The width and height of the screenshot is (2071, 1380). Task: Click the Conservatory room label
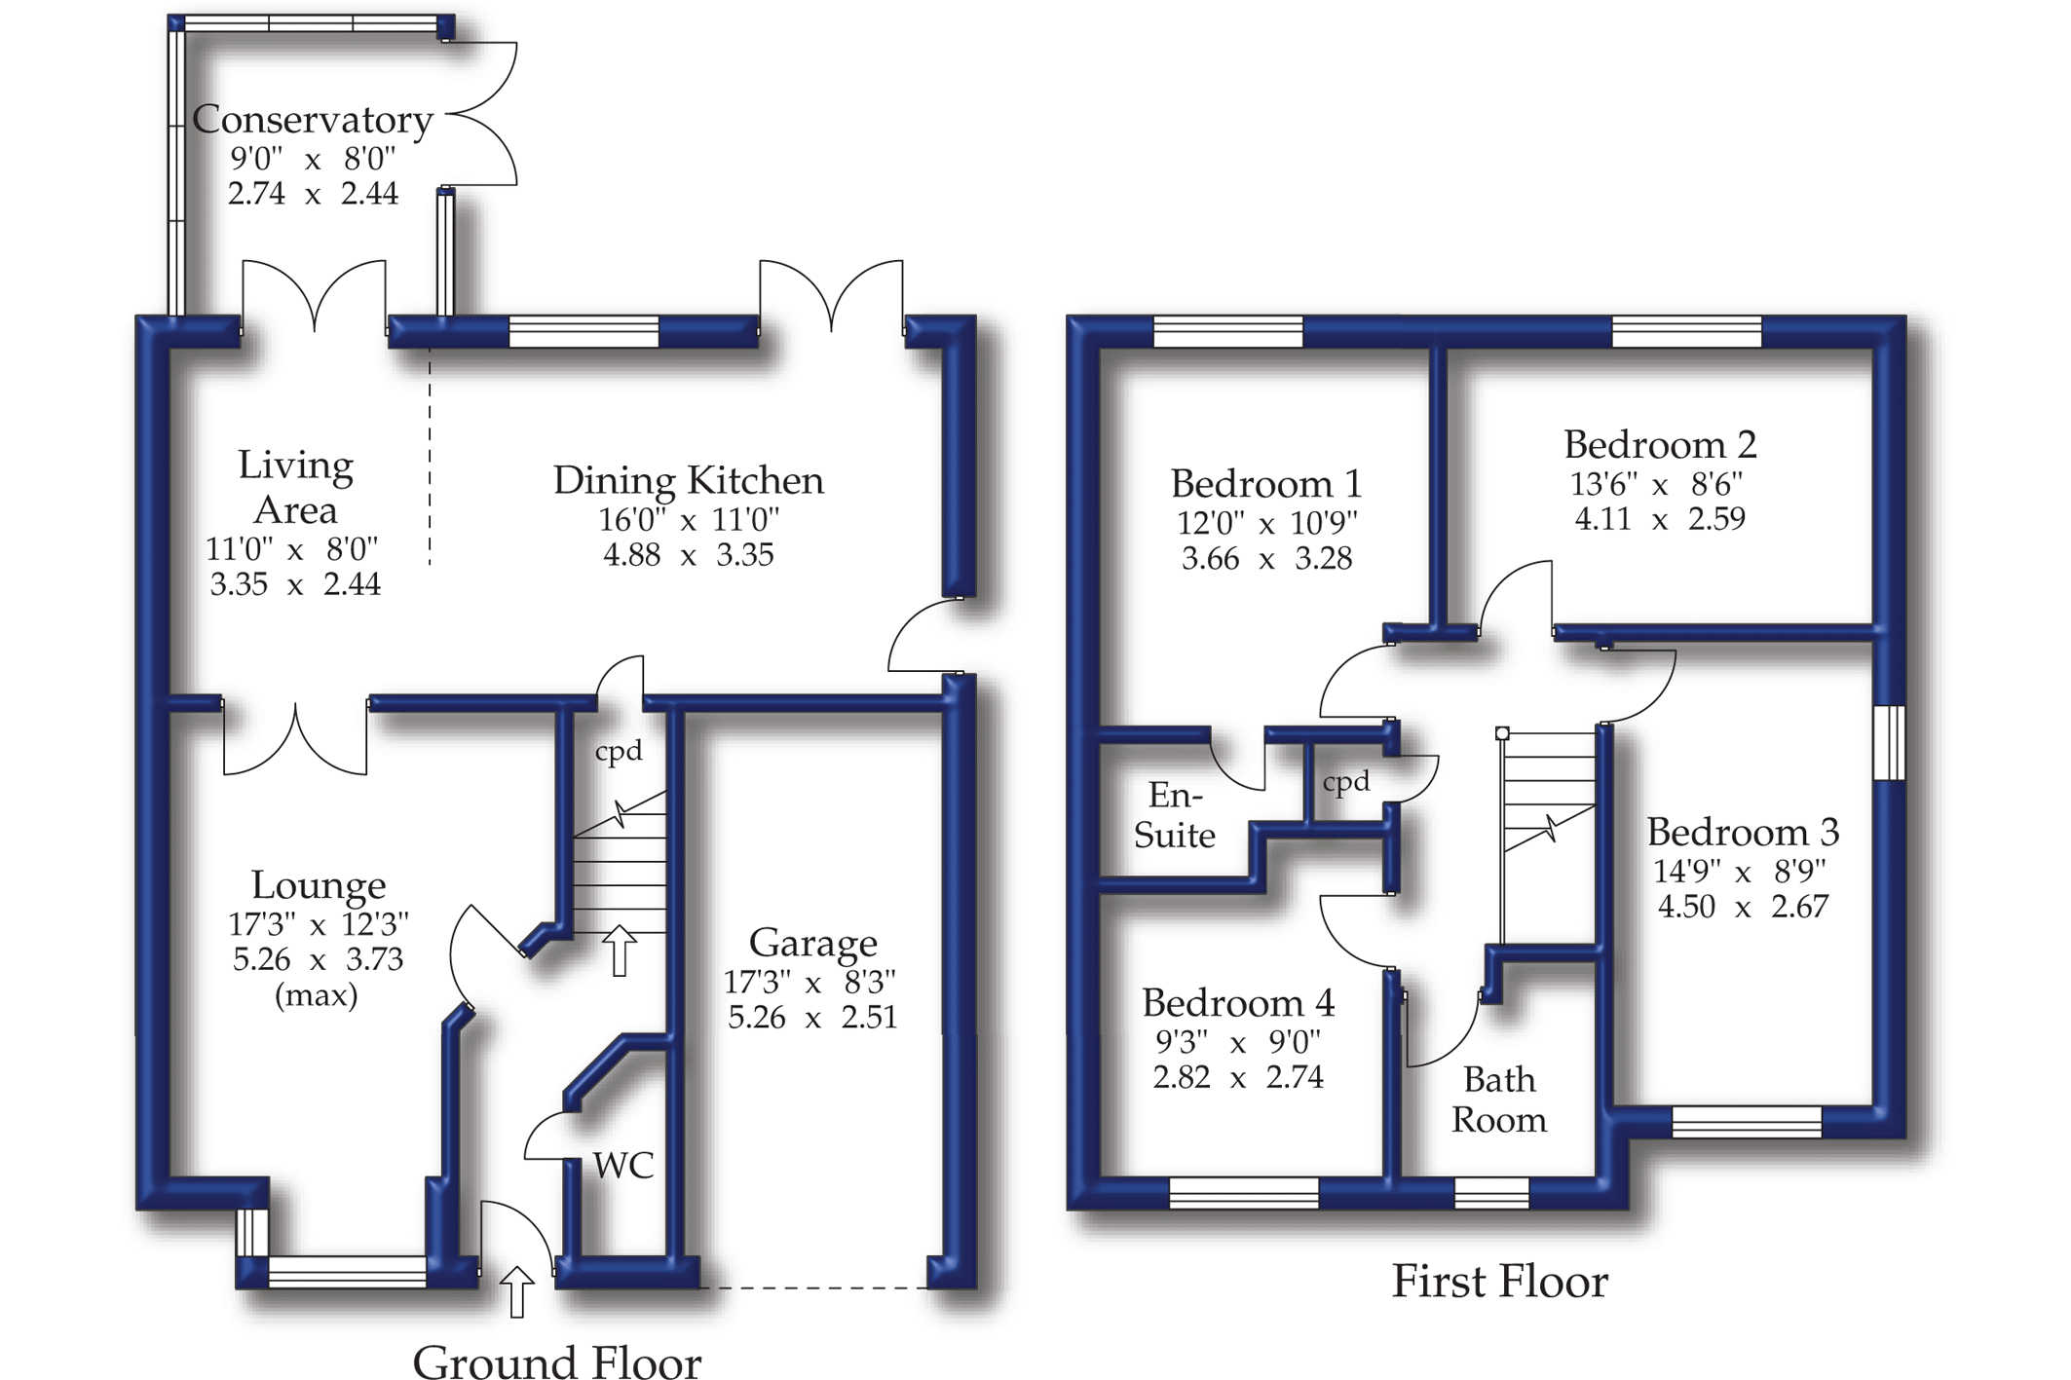313,120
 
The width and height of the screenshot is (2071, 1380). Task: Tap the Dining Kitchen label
688,480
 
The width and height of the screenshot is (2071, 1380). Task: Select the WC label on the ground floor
622,1166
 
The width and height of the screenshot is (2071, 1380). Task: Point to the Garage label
812,943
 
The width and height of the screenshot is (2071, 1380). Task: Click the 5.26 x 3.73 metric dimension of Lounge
318,959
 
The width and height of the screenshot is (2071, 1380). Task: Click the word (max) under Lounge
317,995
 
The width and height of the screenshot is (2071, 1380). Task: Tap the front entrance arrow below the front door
516,1291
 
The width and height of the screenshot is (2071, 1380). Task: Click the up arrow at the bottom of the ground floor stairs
619,950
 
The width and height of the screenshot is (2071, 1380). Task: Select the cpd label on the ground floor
619,751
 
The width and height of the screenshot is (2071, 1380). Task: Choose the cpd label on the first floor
1346,781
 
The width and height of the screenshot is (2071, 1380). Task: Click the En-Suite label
1175,815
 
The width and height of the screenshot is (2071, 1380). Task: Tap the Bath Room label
1498,1100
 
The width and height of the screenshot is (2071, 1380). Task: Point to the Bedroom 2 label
1660,445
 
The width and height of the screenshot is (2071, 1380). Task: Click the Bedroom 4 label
1238,1003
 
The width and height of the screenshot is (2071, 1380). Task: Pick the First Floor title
1499,1282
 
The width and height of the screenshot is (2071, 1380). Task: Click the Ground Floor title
556,1361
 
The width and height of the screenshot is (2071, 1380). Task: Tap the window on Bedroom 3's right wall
1889,742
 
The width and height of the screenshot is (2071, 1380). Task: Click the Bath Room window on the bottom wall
1490,1192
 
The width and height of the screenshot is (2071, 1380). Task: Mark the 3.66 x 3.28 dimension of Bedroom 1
1266,559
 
